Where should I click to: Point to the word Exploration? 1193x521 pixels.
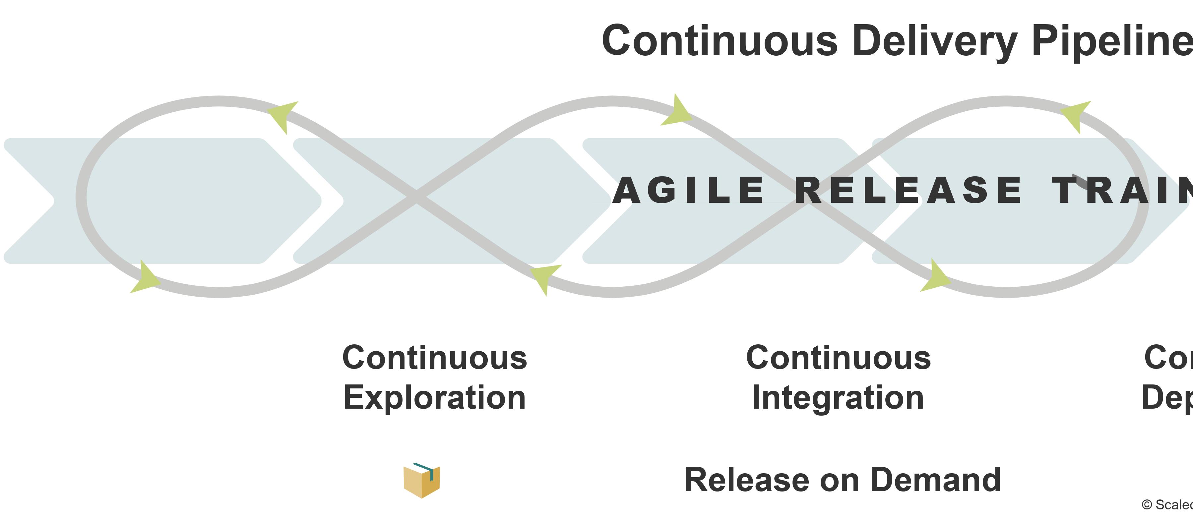(434, 397)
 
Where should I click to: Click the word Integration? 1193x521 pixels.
(838, 397)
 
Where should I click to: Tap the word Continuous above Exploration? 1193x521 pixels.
(434, 358)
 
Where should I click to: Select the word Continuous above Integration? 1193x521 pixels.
(838, 358)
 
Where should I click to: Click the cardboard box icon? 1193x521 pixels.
(421, 480)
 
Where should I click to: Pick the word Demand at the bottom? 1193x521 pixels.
(935, 480)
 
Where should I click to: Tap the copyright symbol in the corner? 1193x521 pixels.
(1147, 505)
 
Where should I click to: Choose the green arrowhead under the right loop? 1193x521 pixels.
(935, 278)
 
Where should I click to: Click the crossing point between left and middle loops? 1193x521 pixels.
(416, 197)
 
